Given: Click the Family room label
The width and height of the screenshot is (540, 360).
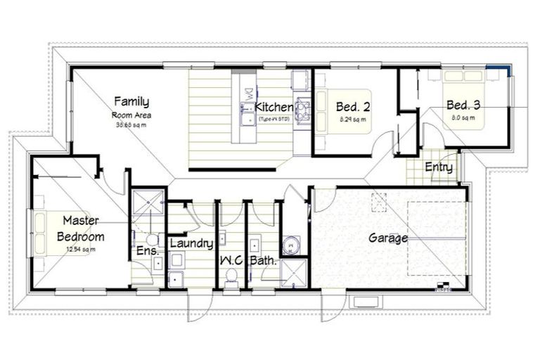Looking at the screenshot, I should pyautogui.click(x=131, y=101).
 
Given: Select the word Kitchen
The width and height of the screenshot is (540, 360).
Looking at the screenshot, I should pyautogui.click(x=274, y=107).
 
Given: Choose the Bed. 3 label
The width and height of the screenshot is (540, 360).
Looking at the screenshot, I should pyautogui.click(x=463, y=105).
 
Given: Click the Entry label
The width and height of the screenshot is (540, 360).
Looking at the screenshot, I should pyautogui.click(x=439, y=167).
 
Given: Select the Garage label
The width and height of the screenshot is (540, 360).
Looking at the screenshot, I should pyautogui.click(x=388, y=238).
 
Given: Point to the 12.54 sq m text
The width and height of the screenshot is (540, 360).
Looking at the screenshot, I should pyautogui.click(x=79, y=249).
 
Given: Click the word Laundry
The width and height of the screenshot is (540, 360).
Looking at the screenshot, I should pyautogui.click(x=191, y=243).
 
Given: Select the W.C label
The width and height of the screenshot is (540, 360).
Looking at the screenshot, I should pyautogui.click(x=231, y=260).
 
